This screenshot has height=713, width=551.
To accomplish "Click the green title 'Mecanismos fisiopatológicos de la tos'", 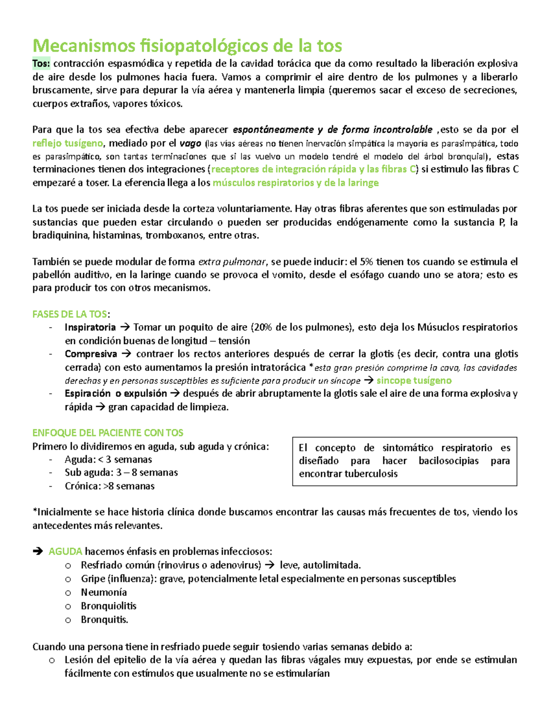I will (x=187, y=46).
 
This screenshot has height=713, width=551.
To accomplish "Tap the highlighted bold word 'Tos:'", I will (x=41, y=63).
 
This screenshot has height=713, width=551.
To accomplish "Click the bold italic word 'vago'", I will (x=190, y=143).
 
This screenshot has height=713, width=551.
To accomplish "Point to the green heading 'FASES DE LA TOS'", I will (x=70, y=314).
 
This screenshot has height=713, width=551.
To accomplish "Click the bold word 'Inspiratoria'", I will (x=90, y=327).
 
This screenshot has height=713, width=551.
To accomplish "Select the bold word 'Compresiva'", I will (x=91, y=354).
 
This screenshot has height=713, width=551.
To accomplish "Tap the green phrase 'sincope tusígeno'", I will (x=414, y=381).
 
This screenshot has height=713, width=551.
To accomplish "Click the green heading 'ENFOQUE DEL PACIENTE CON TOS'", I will (x=108, y=433).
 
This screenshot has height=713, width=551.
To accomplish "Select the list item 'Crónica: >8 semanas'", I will (x=109, y=486).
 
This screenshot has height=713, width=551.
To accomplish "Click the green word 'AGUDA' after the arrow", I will (x=65, y=551).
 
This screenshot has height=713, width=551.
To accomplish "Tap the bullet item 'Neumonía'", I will (x=104, y=592).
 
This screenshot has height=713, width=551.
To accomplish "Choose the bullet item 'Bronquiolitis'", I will (x=108, y=606).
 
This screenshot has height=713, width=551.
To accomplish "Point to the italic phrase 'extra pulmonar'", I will (x=232, y=262).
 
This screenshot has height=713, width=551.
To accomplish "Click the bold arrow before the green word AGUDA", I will (x=38, y=551).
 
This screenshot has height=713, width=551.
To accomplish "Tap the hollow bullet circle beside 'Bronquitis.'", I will (x=68, y=620).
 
